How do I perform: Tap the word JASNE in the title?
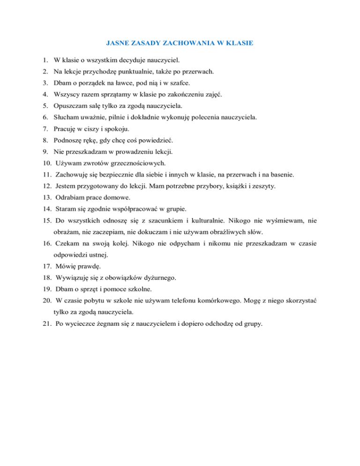(114, 43)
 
